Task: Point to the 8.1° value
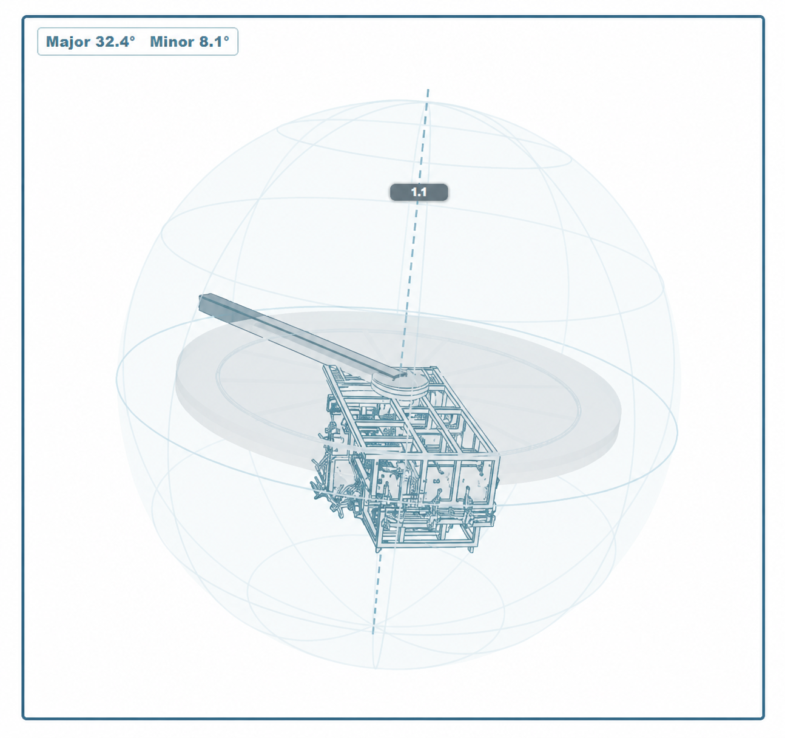[x=214, y=41]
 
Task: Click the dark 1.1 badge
[x=419, y=192]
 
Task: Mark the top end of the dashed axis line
[x=428, y=89]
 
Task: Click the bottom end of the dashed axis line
[x=372, y=634]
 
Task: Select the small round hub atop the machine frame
[x=400, y=382]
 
